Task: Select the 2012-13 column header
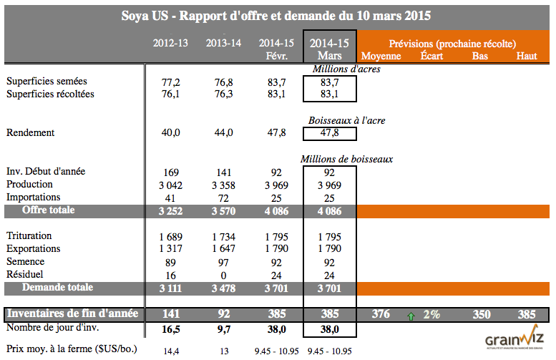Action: click(170, 43)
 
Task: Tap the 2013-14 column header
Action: click(223, 43)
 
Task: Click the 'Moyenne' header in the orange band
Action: click(381, 56)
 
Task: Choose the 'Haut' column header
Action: click(526, 56)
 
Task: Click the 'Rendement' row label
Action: click(30, 132)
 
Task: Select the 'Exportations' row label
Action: click(34, 248)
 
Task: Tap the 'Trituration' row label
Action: click(29, 235)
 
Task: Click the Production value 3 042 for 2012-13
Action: click(170, 185)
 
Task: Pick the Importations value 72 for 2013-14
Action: click(223, 197)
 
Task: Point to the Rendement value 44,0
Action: click(223, 132)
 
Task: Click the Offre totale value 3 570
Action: click(223, 211)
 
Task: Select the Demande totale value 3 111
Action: click(170, 288)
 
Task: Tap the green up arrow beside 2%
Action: click(411, 315)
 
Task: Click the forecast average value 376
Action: click(381, 314)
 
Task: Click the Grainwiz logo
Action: click(514, 341)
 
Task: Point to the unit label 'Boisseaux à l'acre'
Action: click(346, 120)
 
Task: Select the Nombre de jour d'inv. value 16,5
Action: click(170, 330)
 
